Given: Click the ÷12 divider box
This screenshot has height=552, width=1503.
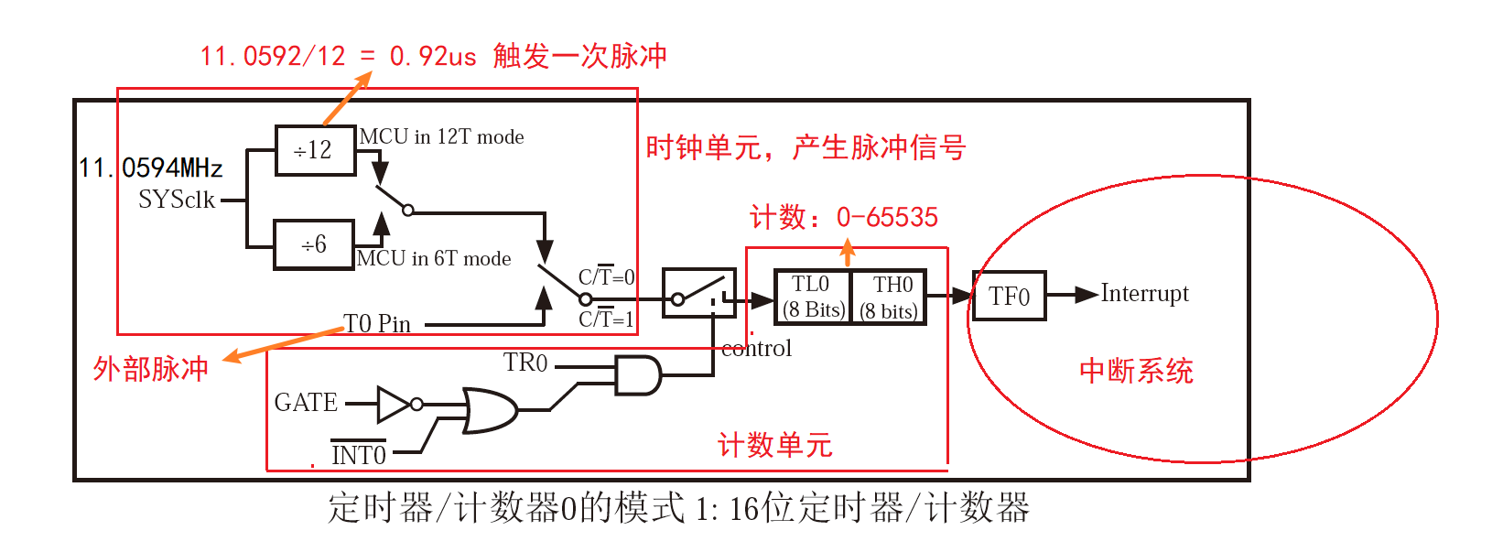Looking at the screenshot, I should (315, 150).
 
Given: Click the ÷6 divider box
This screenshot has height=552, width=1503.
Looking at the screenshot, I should (313, 244).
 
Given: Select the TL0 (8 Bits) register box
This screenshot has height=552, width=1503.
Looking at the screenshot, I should (812, 297).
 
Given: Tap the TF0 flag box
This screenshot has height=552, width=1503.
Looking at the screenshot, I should (1009, 296).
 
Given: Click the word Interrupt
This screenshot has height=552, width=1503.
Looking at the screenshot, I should (1144, 293).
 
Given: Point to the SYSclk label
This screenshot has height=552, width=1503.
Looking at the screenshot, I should (177, 200).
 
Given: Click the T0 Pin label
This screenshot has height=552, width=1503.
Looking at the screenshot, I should (377, 323).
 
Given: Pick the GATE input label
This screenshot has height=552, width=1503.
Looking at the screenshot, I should (306, 403).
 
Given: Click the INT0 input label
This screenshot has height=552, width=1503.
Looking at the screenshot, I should (358, 454).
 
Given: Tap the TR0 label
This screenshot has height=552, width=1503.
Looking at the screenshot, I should (525, 363).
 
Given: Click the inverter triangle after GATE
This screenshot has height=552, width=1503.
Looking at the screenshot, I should (395, 404).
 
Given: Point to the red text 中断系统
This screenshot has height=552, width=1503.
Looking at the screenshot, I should (1136, 371).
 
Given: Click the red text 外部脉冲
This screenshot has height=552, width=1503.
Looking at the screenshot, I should (151, 369).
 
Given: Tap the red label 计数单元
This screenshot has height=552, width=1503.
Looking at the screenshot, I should (774, 446).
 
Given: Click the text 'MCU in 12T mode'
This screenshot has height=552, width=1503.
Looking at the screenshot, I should (441, 136).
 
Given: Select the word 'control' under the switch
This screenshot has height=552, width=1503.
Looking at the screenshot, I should (756, 349).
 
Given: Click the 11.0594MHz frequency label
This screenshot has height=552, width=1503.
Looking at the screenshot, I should (151, 168).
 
